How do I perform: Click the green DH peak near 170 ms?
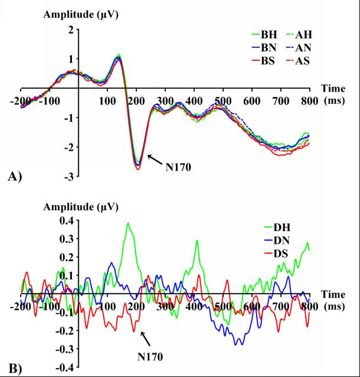click(x=127, y=224)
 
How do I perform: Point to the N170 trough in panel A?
click(x=138, y=167)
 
